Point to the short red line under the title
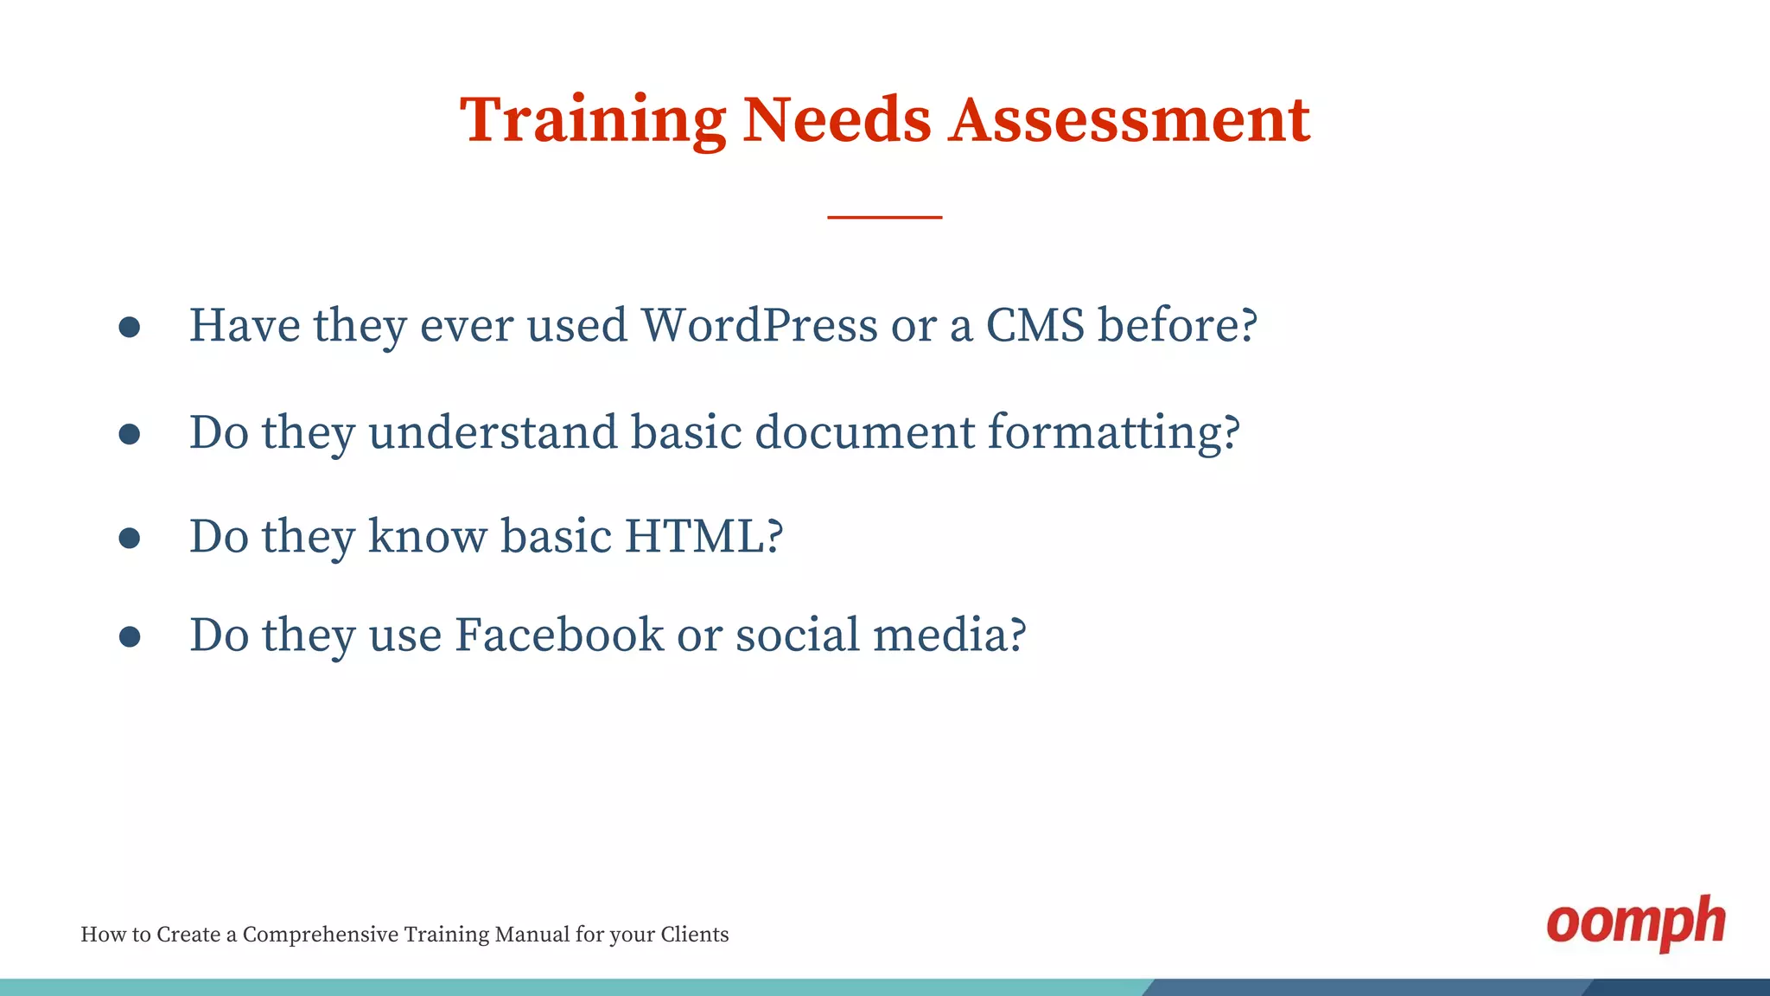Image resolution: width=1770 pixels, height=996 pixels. [x=884, y=217]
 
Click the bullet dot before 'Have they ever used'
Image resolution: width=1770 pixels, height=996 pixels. [x=130, y=327]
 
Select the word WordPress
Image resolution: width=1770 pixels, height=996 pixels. [x=759, y=326]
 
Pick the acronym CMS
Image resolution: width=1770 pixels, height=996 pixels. [x=1035, y=326]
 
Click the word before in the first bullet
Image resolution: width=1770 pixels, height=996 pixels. [x=1177, y=326]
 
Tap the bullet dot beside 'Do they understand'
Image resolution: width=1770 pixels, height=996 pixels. [x=130, y=433]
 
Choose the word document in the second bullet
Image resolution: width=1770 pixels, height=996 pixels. [x=864, y=431]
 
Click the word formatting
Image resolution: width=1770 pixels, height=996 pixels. [x=1113, y=433]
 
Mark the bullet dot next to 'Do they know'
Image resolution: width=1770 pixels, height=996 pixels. [x=130, y=538]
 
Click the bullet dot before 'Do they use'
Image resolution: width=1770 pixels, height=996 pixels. [x=130, y=637]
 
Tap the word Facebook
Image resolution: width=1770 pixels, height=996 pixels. [x=559, y=635]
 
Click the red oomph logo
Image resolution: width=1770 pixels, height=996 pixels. [x=1635, y=923]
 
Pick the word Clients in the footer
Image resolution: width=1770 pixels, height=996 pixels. [x=695, y=935]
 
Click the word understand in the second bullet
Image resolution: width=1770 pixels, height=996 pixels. [x=493, y=431]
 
